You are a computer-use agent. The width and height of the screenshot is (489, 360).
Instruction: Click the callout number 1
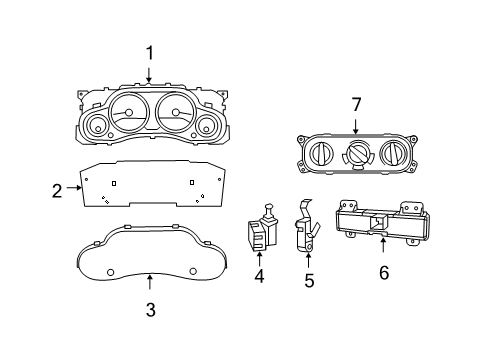pos(149,52)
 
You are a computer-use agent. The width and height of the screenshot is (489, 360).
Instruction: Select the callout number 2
pos(58,187)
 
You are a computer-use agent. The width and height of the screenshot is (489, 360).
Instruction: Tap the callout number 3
pos(149,310)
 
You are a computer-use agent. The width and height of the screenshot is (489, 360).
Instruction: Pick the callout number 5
pos(308,281)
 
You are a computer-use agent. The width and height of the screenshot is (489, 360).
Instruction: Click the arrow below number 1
pos(149,72)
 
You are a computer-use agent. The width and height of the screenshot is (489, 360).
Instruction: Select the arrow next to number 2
pos(74,187)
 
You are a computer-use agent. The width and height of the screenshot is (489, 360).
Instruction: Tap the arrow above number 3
pos(149,283)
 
